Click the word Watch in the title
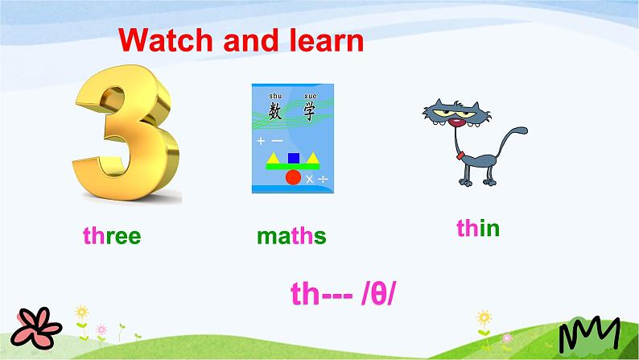tap(167, 40)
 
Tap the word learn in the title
tap(327, 40)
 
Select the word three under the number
tap(112, 236)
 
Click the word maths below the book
tap(291, 236)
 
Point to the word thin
tap(478, 227)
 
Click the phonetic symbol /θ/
tap(378, 293)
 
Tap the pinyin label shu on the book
tap(275, 96)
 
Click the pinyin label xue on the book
tap(311, 96)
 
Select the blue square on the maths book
tap(294, 158)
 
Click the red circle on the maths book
tap(293, 177)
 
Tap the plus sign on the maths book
tap(261, 141)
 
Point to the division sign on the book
tap(324, 179)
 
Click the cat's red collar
tap(460, 155)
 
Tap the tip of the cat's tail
tap(525, 130)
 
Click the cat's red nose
tap(456, 122)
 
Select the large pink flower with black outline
tap(36, 329)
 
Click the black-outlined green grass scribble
tap(590, 334)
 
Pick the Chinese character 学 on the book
tap(310, 111)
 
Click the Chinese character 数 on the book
tap(275, 111)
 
